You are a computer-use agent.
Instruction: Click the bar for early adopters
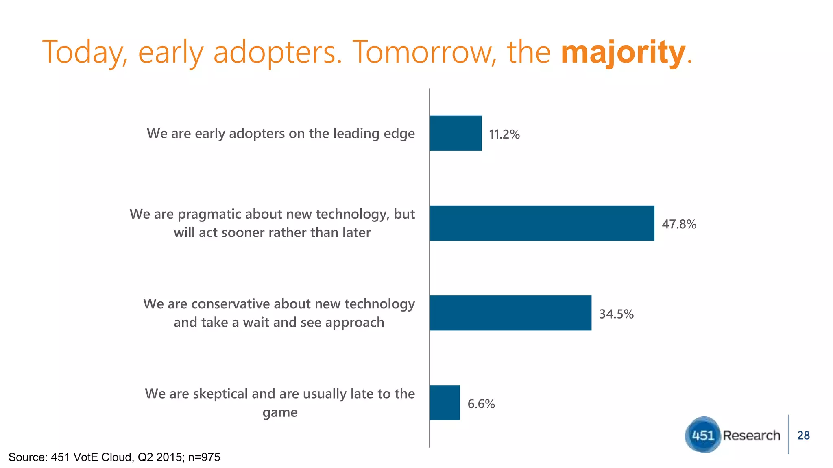coord(456,133)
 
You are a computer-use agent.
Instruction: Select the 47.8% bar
coord(542,223)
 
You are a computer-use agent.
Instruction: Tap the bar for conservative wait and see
coord(510,313)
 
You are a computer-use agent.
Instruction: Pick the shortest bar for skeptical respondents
coord(445,403)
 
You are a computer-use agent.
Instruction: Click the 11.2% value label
coord(504,134)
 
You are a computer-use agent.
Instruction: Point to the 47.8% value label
coord(679,224)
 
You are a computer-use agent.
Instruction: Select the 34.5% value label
coord(616,314)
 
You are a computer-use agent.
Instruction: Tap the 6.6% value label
coord(481,404)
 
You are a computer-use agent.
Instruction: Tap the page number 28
coord(803,435)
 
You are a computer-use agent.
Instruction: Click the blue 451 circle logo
coord(703,435)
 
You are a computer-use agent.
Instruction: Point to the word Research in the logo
coord(751,435)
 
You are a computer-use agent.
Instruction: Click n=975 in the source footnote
coord(204,457)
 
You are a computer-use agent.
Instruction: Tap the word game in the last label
coord(280,413)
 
